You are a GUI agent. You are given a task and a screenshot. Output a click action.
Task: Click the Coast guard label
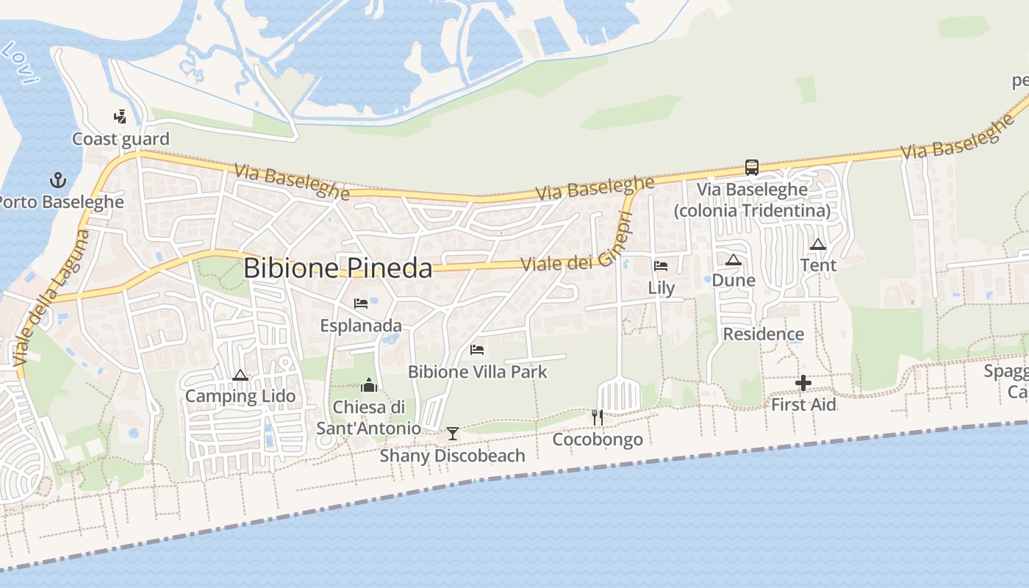coord(121,139)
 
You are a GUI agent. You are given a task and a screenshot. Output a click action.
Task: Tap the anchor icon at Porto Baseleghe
coord(57,179)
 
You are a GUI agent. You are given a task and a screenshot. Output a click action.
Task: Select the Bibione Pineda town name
coord(337,268)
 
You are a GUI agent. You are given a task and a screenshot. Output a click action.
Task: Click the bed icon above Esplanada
coord(360,303)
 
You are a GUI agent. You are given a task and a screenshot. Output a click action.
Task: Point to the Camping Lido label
coord(240,396)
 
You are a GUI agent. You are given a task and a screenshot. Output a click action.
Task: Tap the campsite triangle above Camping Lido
coord(240,376)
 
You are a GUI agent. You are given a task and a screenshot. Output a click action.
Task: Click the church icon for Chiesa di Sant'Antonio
coord(369,384)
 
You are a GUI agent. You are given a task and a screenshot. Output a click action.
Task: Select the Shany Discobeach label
coord(452,456)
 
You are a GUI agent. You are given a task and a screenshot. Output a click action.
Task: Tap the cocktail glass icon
coord(453,434)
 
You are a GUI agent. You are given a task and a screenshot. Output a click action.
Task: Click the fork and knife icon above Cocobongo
coord(597,417)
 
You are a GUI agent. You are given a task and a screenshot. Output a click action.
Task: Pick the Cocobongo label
coord(598,440)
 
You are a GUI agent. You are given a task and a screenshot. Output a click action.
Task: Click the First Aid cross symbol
coord(803,383)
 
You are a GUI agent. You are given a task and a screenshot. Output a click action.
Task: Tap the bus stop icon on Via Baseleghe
coord(752,168)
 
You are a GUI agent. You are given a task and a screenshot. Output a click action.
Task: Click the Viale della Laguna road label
coord(50,299)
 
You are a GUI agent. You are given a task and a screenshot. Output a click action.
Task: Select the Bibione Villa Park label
coord(478,372)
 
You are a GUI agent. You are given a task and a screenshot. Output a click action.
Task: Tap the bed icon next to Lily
coord(660,266)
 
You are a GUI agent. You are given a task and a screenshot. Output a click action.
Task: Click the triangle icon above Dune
coord(734,259)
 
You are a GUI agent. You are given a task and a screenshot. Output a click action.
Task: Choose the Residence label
coord(764,334)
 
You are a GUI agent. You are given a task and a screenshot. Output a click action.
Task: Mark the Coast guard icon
coord(121,116)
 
